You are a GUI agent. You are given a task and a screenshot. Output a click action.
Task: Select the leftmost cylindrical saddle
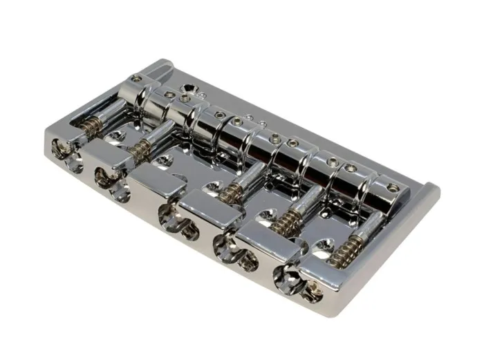(x=138, y=97)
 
